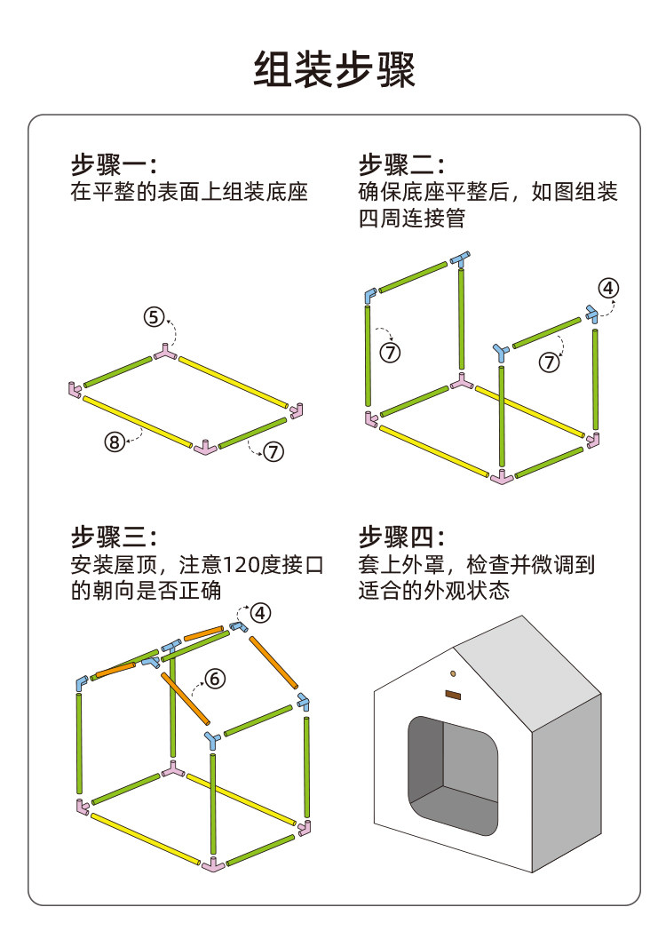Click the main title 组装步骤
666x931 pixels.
(x=334, y=68)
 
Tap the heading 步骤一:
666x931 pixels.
(x=115, y=165)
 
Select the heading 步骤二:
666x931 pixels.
(x=401, y=165)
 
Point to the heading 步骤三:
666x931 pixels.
(x=115, y=537)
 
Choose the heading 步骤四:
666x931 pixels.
(x=401, y=537)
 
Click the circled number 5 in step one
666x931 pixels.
(x=155, y=317)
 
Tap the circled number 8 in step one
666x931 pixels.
(x=114, y=441)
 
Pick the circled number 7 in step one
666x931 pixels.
(x=273, y=451)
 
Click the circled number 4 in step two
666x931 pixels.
(x=608, y=289)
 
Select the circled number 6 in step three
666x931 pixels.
(x=215, y=679)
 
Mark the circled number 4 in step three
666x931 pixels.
(x=260, y=613)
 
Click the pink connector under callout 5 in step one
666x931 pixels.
(x=164, y=353)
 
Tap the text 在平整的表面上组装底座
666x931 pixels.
(x=189, y=192)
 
